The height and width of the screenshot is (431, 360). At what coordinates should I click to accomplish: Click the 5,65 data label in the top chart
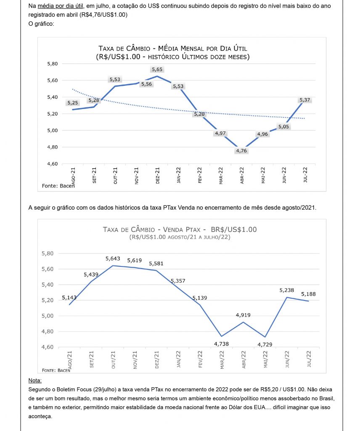[157, 69]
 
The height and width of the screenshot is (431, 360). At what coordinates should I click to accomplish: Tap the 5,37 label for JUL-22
[304, 100]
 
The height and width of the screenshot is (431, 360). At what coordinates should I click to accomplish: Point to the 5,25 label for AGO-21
[72, 103]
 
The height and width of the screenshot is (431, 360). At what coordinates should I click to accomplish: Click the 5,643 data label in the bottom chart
[113, 258]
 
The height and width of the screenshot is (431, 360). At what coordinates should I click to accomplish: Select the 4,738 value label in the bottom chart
[221, 344]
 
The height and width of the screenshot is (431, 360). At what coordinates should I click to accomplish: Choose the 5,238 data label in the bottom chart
[286, 290]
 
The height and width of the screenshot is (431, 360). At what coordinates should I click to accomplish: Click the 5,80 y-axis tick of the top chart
[52, 64]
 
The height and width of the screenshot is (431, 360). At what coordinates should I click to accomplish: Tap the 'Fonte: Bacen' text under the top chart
[58, 186]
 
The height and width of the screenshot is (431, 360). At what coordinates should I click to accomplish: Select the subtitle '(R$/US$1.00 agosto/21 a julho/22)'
[180, 237]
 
